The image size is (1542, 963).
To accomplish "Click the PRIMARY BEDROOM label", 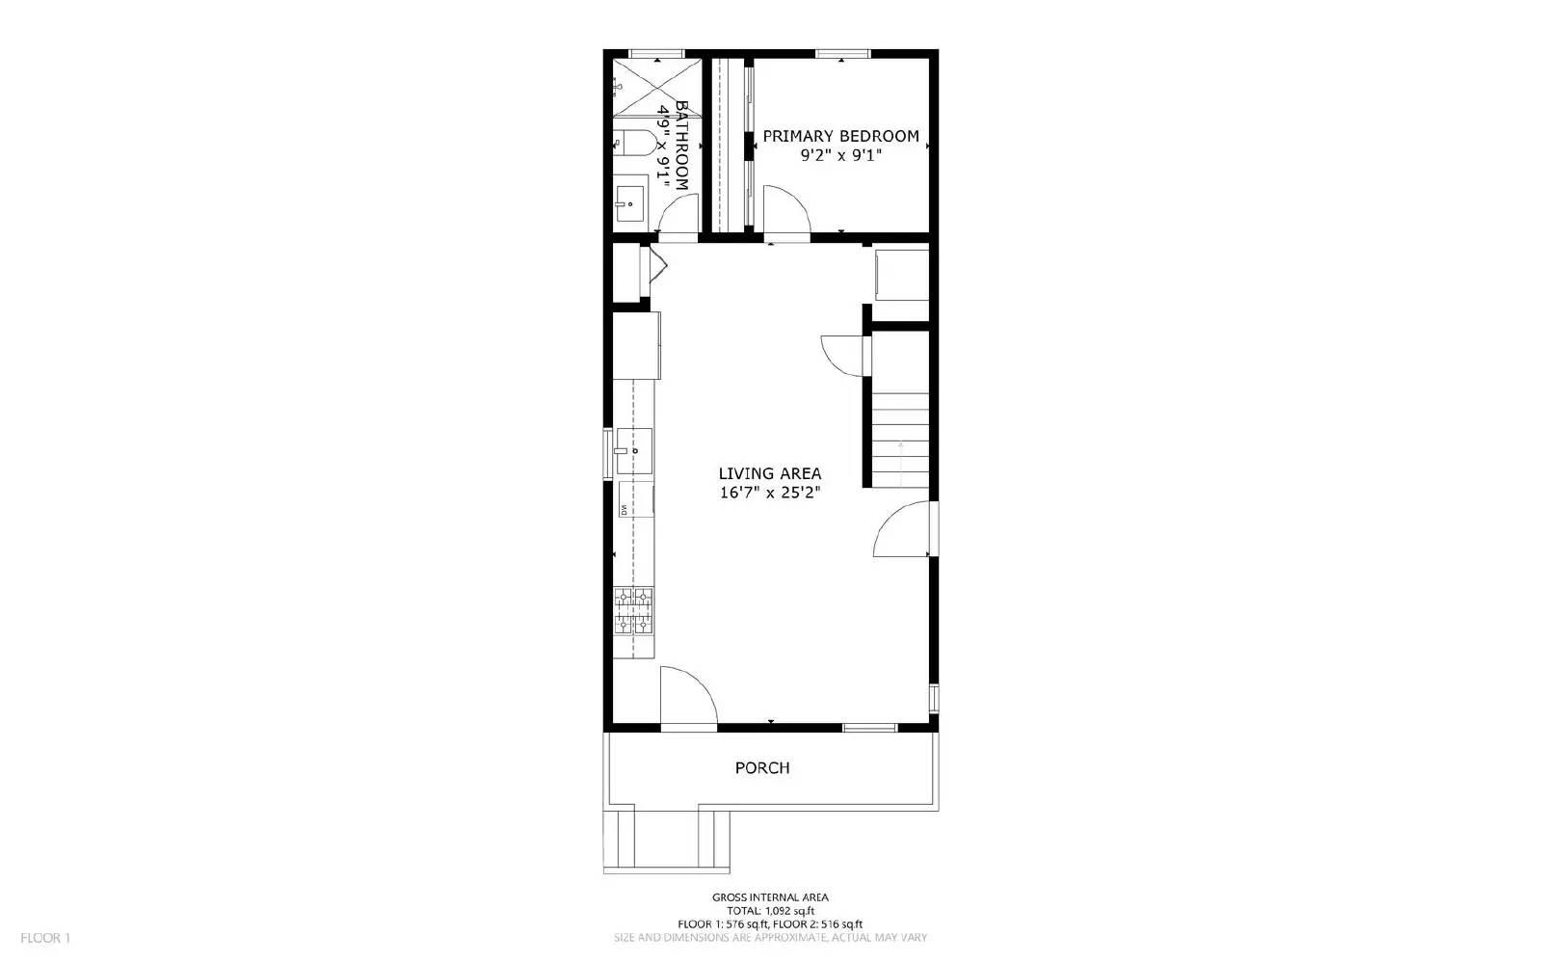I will tap(840, 136).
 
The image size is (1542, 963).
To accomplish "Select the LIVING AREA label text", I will tap(770, 473).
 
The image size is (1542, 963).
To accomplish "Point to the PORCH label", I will tap(762, 768).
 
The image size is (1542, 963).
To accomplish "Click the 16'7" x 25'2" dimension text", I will tap(770, 493).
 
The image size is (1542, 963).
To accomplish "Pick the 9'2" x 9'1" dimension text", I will tap(840, 154).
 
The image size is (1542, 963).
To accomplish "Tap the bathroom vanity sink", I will tap(631, 203).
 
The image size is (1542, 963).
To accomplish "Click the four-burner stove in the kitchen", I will tap(634, 611).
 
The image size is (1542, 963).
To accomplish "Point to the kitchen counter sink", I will tap(635, 451).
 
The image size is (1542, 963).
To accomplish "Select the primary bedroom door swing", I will tap(785, 209).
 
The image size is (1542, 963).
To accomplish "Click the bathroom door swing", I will tap(678, 214).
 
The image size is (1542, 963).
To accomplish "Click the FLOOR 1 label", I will tap(45, 938).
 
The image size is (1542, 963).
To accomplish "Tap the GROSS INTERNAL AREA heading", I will tap(770, 897).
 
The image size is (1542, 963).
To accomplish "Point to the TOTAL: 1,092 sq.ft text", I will tap(770, 911).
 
